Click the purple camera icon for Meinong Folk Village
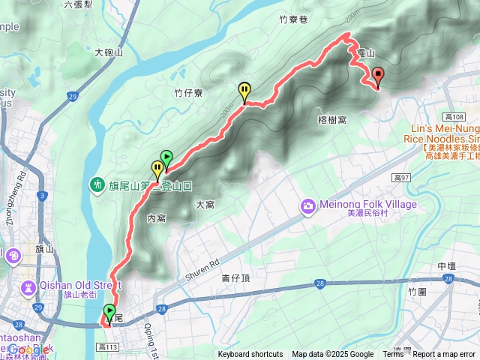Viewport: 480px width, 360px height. pyautogui.click(x=307, y=205)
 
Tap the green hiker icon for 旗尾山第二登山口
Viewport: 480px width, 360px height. pyautogui.click(x=97, y=184)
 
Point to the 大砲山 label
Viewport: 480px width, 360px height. pyautogui.click(x=109, y=53)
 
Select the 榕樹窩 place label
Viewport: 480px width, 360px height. pyautogui.click(x=331, y=119)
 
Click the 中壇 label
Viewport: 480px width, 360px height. pyautogui.click(x=446, y=266)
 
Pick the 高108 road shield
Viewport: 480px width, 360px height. pyautogui.click(x=454, y=117)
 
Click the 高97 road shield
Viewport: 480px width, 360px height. pyautogui.click(x=402, y=177)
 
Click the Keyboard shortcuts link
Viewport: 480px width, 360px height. pyautogui.click(x=250, y=355)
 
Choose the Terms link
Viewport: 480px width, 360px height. pyautogui.click(x=393, y=355)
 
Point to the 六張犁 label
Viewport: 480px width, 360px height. pyautogui.click(x=78, y=4)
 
